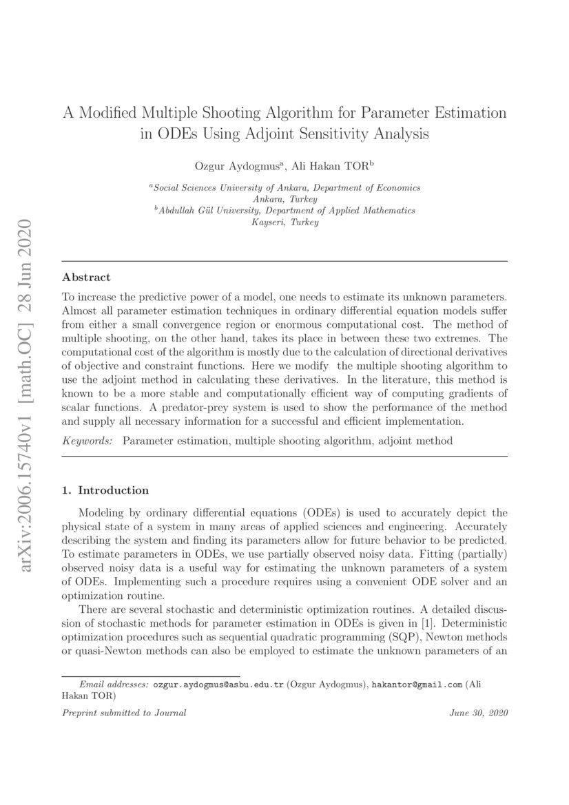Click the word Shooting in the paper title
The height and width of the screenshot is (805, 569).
[228, 112]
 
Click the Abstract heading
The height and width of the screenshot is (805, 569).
[86, 278]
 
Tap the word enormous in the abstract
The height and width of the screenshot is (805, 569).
[352, 324]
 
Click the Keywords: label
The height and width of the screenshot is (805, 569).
[87, 440]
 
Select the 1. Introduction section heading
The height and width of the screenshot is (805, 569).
[105, 490]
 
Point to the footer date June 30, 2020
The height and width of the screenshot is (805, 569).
[478, 713]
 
